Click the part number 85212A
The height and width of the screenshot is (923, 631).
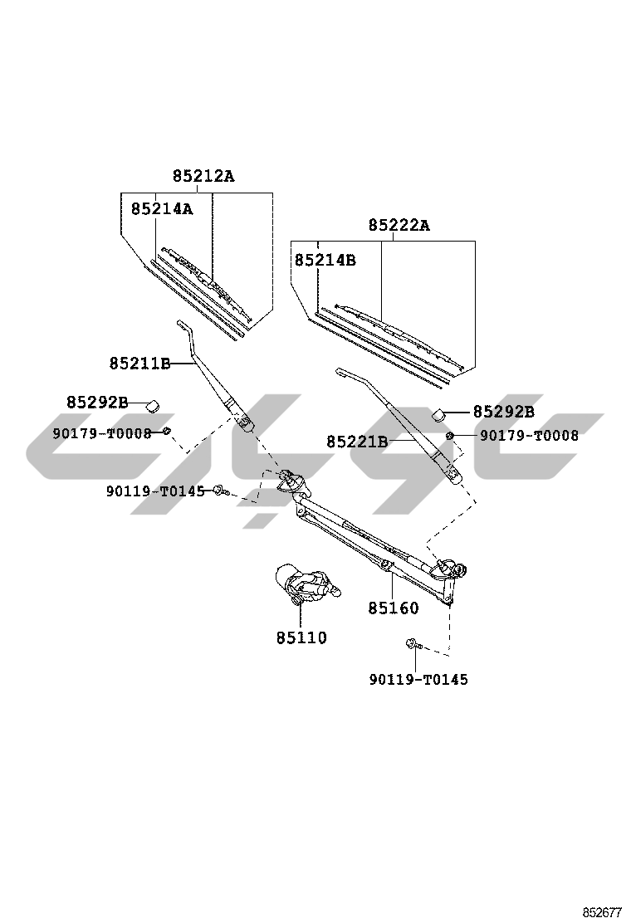coord(203,176)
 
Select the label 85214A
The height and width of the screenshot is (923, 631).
coord(161,209)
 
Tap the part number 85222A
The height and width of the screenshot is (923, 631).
coord(399,225)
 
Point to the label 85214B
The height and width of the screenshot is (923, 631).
coord(325,260)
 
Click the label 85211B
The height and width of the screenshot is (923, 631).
coord(139,364)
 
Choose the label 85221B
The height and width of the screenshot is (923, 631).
coord(357,442)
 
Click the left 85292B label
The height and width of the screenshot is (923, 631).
coord(97,403)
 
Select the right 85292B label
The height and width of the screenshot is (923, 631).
coord(503,412)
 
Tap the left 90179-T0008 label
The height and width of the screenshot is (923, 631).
coord(102,432)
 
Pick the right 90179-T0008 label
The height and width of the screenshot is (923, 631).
coord(529,435)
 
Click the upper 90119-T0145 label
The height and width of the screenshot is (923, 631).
coord(155,491)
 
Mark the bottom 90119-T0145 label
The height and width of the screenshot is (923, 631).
coord(418,680)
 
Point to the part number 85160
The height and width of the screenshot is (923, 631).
coord(394,608)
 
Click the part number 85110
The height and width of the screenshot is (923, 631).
coord(301,638)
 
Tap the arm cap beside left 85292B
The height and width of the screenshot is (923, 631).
coord(152,404)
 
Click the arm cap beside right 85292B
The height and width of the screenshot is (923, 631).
coord(440,413)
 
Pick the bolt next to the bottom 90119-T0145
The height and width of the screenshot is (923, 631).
coord(413,643)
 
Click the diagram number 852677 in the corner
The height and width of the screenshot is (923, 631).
coord(601,911)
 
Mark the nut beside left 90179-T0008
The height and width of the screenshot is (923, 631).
coord(166,430)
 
